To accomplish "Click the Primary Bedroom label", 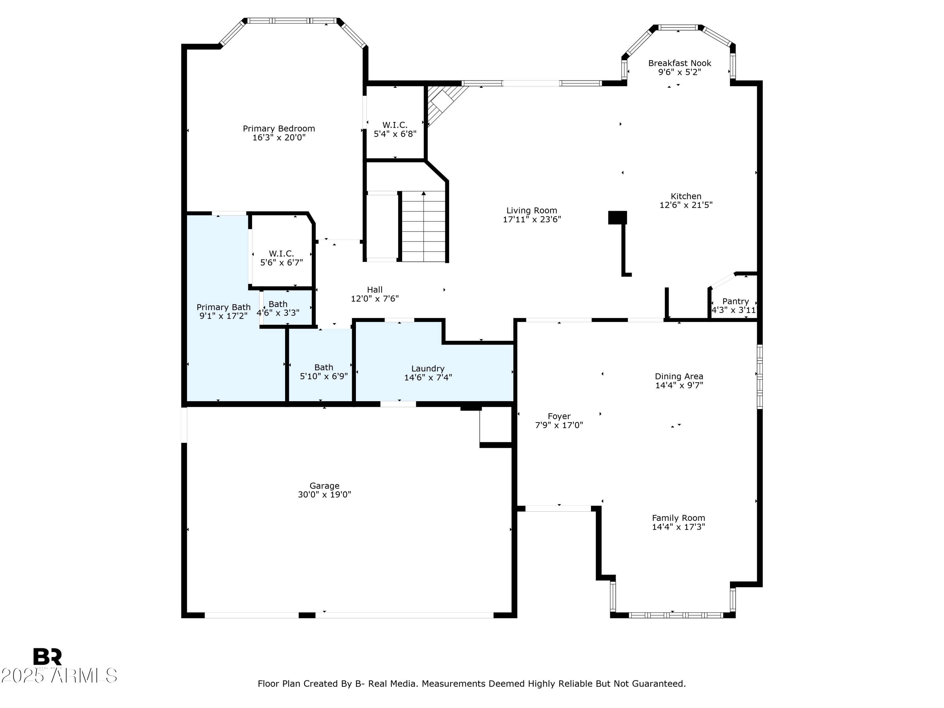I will pos(279,128).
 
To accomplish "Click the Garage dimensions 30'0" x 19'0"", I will pos(324,495).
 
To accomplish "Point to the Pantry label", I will pos(735,301).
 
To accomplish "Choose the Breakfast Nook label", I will pos(679,63).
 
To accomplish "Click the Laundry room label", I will pos(428,368).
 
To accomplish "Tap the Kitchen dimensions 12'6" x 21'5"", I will pos(686,205).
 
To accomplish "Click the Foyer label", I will pos(559,416).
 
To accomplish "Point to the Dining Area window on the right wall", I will pos(760,376).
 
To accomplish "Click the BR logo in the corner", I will pos(48,657).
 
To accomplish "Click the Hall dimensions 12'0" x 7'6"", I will pos(375,299).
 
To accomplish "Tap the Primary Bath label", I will pos(223,307).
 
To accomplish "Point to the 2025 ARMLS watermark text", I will pos(59,676).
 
